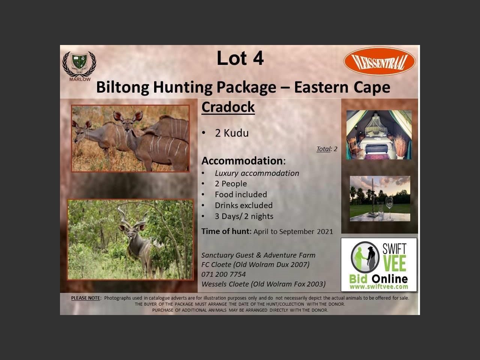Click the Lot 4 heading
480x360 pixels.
pyautogui.click(x=240, y=58)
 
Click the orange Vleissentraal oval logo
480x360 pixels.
pyautogui.click(x=379, y=61)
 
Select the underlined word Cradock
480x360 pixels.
pyautogui.click(x=228, y=107)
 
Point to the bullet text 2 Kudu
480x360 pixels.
pyautogui.click(x=232, y=133)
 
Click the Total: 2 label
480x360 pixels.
pyautogui.click(x=327, y=149)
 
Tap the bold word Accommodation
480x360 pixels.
pyautogui.click(x=242, y=160)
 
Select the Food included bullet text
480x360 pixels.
pyautogui.click(x=241, y=195)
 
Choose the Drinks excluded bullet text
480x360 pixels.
pyautogui.click(x=244, y=205)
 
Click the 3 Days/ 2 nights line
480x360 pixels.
pyautogui.click(x=244, y=216)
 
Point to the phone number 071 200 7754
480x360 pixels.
pyautogui.click(x=223, y=274)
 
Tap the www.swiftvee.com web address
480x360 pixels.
pyautogui.click(x=379, y=286)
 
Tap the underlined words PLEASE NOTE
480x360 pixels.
pyautogui.click(x=86, y=298)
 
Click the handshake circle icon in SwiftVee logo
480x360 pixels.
pyautogui.click(x=365, y=257)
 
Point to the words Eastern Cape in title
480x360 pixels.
pyautogui.click(x=342, y=87)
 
